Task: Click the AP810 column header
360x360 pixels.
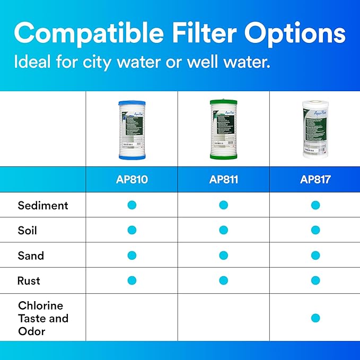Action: (x=131, y=179)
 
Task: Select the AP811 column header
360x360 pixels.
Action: (x=223, y=179)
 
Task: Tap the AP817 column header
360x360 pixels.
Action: (x=315, y=179)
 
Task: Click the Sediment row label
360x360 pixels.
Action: (x=43, y=205)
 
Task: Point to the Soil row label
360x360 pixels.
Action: (x=28, y=230)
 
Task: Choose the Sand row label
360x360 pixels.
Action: (x=31, y=256)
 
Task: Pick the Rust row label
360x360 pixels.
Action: (x=29, y=280)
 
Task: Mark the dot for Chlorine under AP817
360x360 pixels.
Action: (x=315, y=318)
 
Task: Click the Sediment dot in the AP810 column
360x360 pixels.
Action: (x=132, y=205)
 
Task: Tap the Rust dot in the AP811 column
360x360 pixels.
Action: (x=223, y=280)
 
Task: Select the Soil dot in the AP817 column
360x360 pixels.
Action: (x=315, y=230)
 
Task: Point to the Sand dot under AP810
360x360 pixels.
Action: (x=132, y=256)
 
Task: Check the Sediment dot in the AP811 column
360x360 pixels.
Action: (x=223, y=205)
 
